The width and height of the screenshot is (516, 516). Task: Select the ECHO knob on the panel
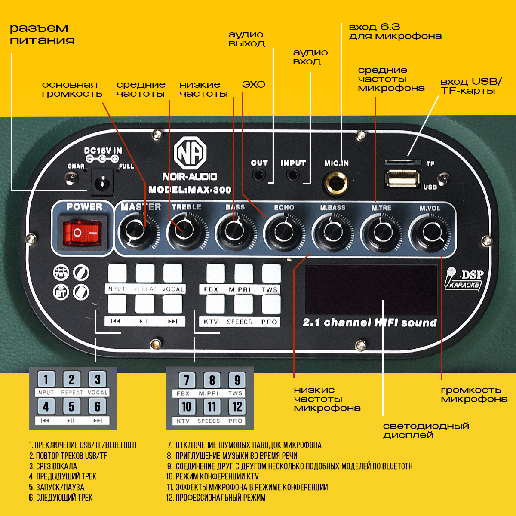[x=282, y=232]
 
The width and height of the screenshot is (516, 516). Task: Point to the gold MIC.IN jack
[x=336, y=183]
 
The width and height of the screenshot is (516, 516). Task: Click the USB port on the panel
[x=402, y=178]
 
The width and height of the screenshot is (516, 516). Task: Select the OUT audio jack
[x=259, y=175]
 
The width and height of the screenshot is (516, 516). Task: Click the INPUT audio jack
[x=293, y=175]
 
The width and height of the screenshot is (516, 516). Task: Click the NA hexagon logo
[x=190, y=153]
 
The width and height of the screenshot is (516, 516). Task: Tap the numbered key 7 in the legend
[x=187, y=380]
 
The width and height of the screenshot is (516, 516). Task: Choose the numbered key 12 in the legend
[x=237, y=406]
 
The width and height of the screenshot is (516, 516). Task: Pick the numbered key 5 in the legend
[x=71, y=406]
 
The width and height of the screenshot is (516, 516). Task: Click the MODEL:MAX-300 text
[x=190, y=190]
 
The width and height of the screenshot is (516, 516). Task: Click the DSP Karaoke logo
[x=464, y=279]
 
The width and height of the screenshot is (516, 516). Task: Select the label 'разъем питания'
[x=42, y=34]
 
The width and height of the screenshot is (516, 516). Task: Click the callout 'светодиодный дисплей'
[x=426, y=430]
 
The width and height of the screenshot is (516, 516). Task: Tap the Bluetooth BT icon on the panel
[x=61, y=292]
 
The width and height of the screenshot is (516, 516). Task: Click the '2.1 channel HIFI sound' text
[x=369, y=322]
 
